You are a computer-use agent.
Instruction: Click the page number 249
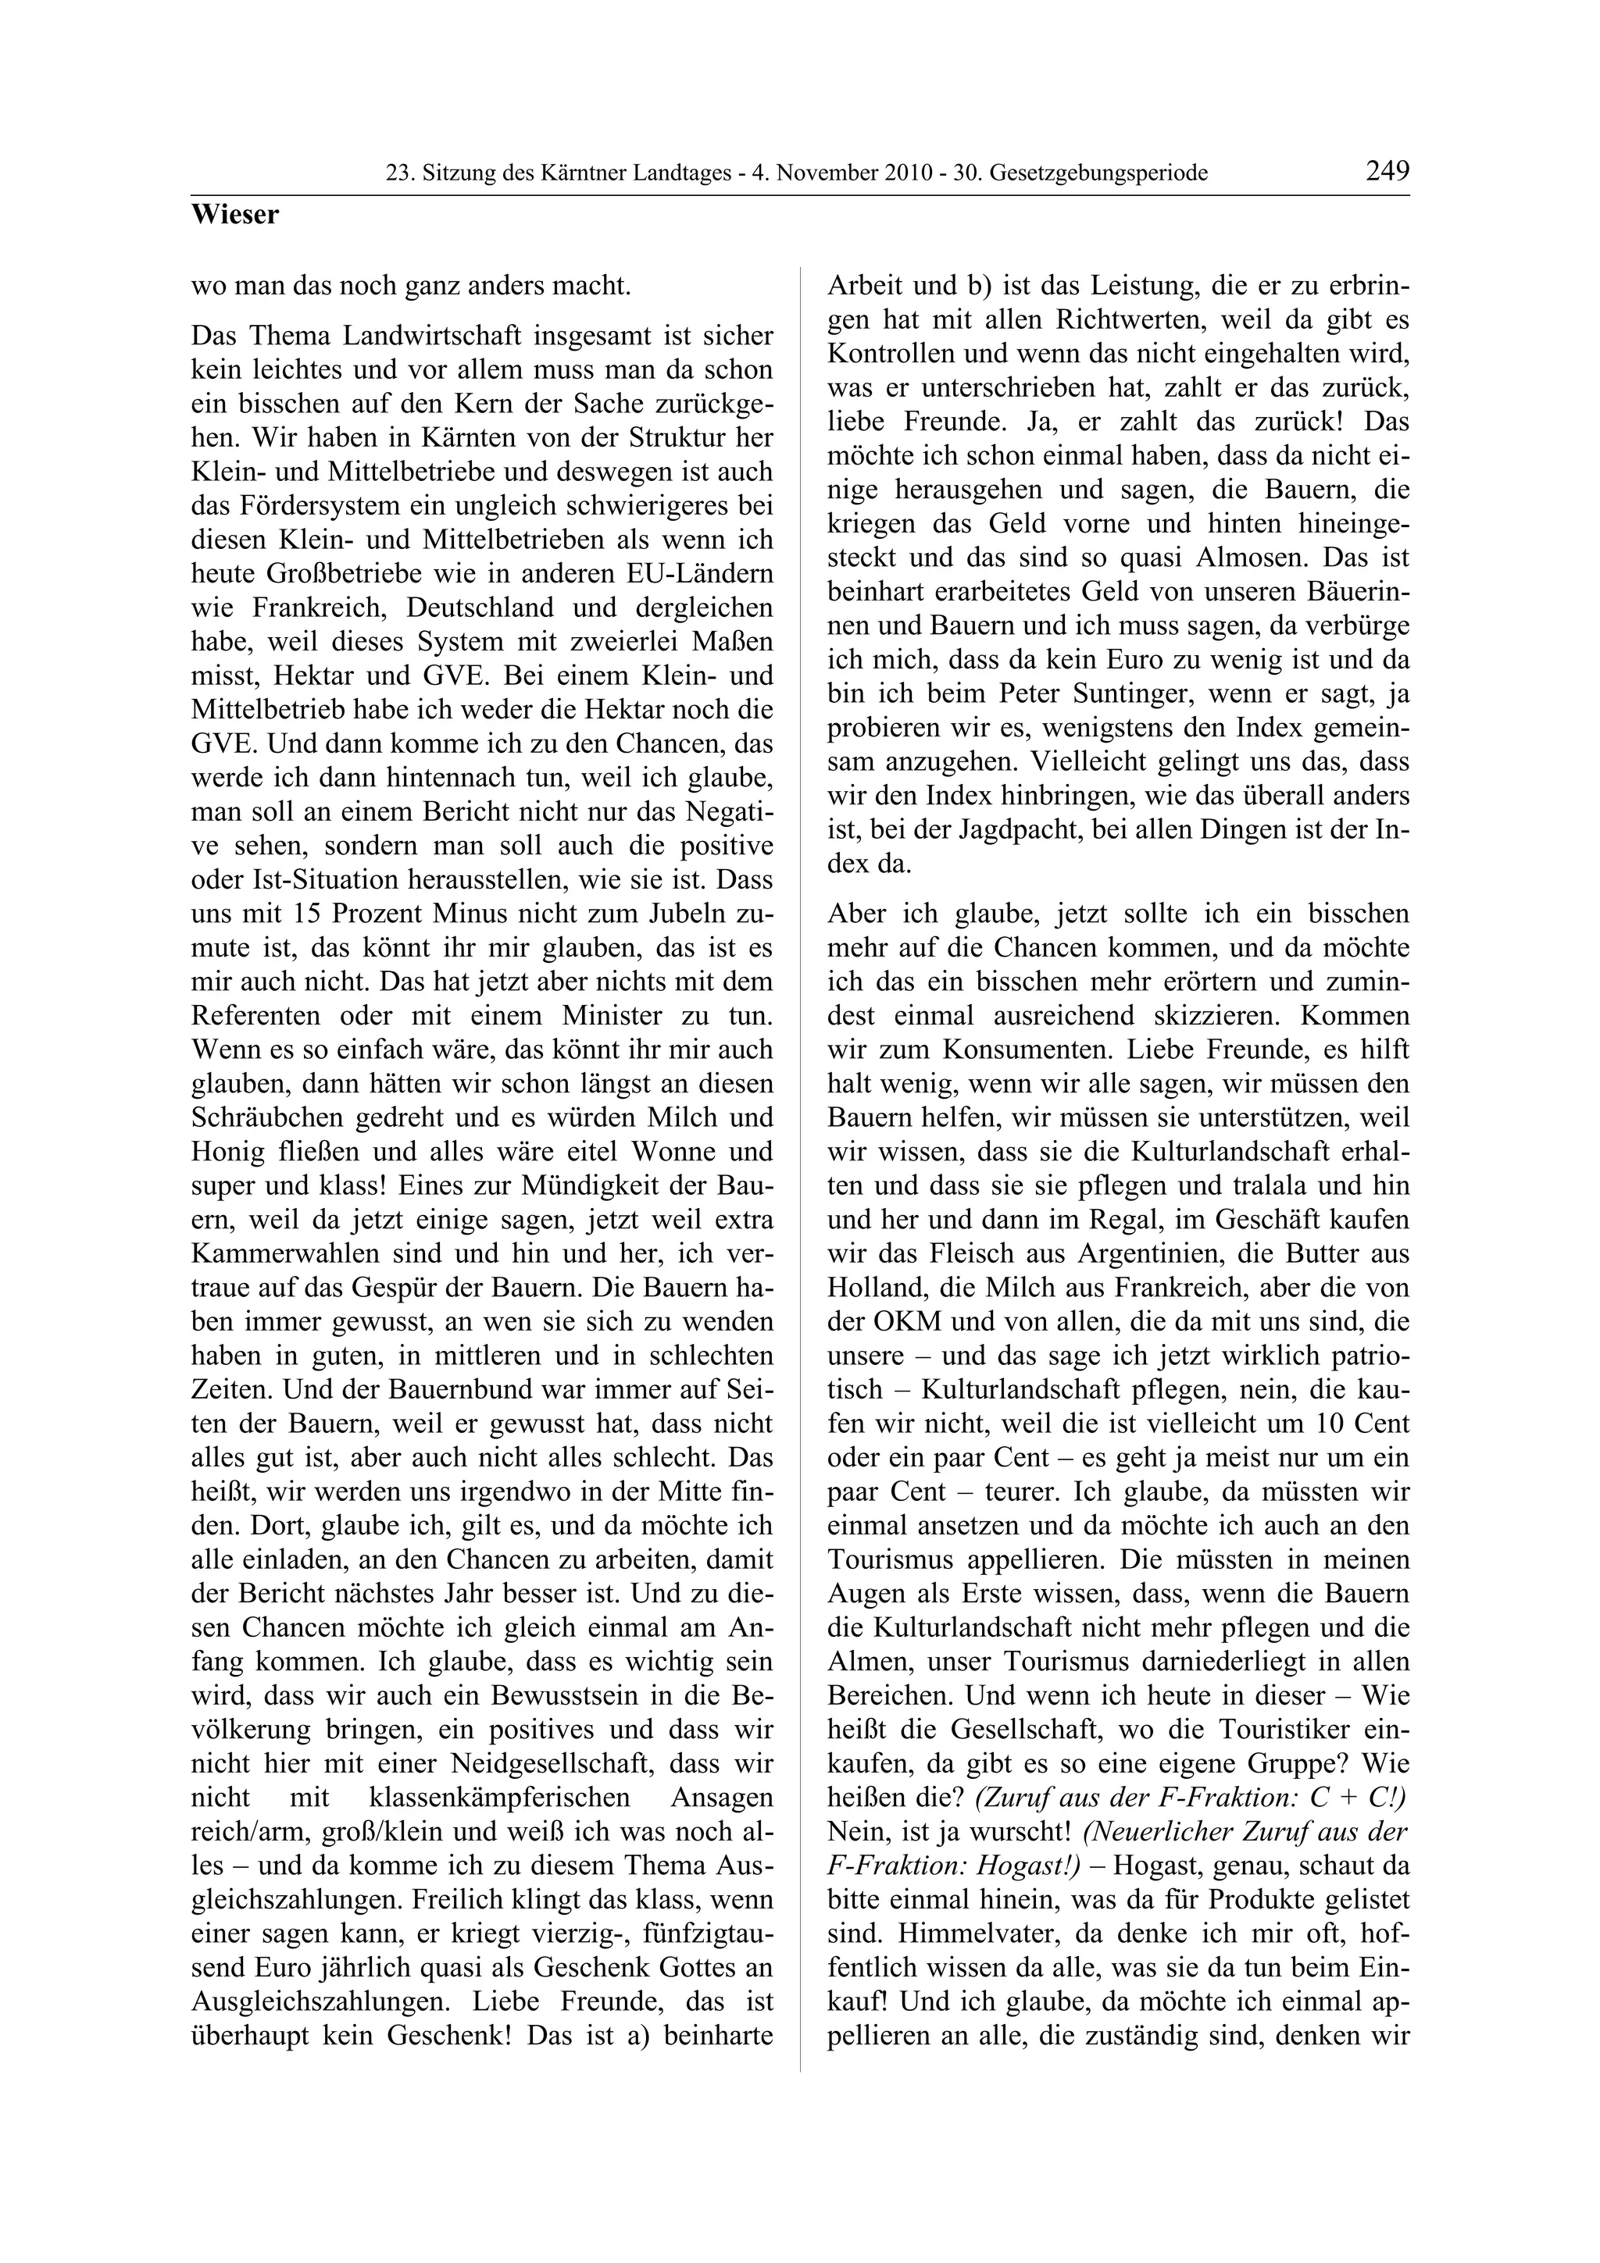click(x=1387, y=170)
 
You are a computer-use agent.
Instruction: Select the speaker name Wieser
click(x=234, y=215)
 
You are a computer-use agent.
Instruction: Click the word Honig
click(x=223, y=1153)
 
